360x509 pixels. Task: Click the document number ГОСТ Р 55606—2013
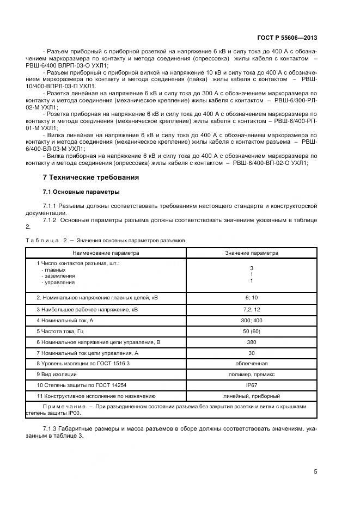[x=287, y=38]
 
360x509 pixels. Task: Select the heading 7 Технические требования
[x=90, y=177]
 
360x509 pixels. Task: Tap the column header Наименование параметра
[x=106, y=253]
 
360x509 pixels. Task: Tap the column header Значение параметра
[x=252, y=253]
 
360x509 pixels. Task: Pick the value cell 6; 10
[x=252, y=298]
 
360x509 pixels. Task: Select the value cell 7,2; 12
[x=252, y=309]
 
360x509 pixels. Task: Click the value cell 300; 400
[x=252, y=320]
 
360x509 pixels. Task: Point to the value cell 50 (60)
[x=252, y=331]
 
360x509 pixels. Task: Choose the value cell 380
[x=252, y=342]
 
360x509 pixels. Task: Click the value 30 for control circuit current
[x=252, y=353]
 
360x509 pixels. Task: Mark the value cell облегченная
[x=252, y=364]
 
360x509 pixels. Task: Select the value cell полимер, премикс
[x=252, y=375]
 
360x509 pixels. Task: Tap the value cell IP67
[x=252, y=385]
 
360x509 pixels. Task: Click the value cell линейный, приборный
[x=252, y=396]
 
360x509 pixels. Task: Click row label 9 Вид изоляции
[x=57, y=375]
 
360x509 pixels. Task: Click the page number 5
[x=315, y=471]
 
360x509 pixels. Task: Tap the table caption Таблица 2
[x=46, y=240]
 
